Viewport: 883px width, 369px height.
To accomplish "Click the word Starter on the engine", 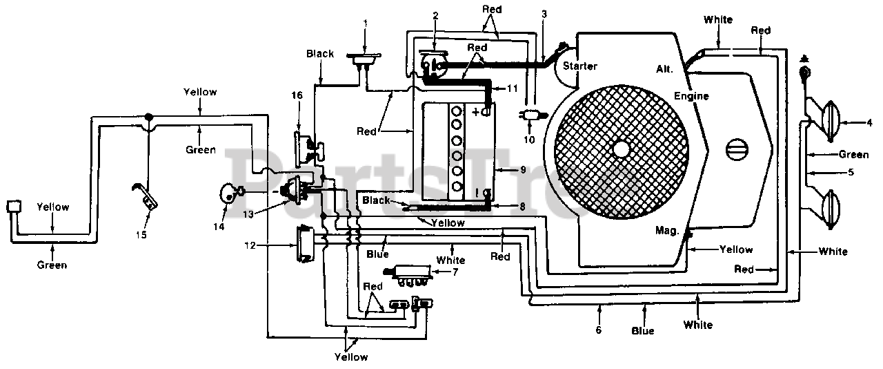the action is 580,66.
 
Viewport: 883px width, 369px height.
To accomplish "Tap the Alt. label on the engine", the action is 664,68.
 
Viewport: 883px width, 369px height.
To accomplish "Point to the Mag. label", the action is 667,230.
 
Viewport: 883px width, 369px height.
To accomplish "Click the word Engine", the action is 691,95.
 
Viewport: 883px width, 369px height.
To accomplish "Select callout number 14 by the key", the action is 219,227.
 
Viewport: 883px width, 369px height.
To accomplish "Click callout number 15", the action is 141,235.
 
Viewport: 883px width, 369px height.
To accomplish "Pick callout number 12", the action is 250,245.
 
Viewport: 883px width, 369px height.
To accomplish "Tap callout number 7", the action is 455,272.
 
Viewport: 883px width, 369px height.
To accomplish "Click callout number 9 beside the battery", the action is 523,170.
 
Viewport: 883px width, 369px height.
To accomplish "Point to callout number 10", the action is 529,140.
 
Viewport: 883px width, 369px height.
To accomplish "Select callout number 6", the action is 598,330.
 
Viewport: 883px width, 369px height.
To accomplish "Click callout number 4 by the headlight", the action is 869,123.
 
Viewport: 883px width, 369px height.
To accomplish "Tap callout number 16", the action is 297,95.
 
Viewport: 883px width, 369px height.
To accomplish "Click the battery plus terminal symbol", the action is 476,112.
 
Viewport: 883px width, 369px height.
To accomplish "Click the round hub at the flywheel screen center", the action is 622,149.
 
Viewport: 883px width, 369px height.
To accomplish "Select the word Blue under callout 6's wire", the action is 642,331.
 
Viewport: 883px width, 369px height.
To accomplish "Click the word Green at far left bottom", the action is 52,265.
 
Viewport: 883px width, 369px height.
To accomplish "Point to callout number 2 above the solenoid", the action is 435,16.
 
